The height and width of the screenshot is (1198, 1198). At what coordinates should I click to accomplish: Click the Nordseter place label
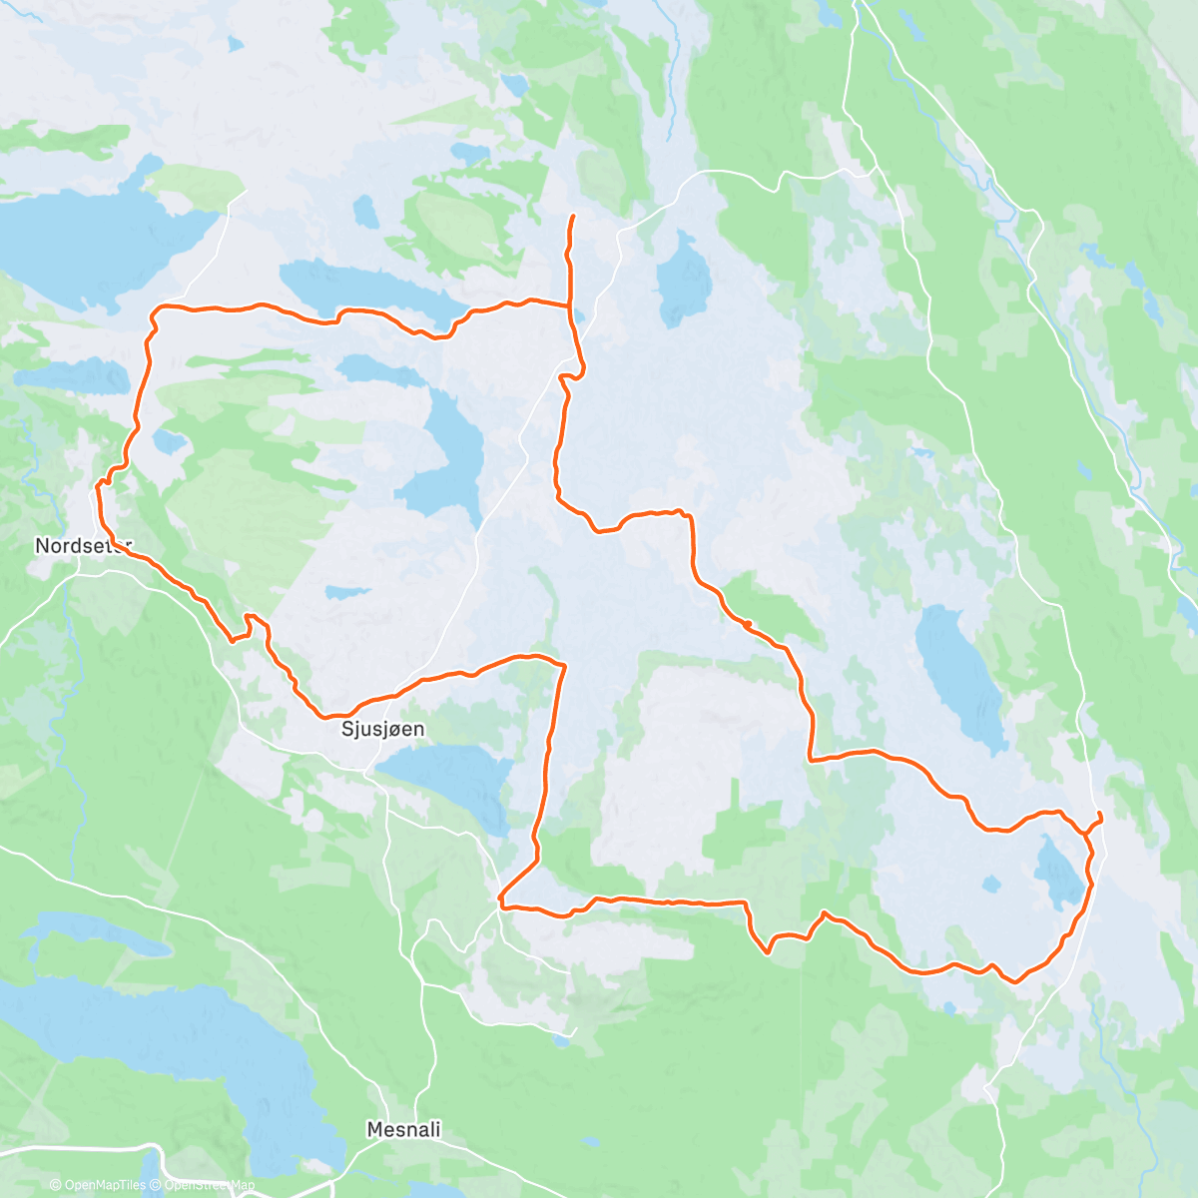click(x=82, y=546)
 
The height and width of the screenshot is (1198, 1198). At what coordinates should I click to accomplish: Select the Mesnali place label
click(x=403, y=1130)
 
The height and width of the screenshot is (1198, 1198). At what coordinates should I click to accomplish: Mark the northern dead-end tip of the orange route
click(x=572, y=216)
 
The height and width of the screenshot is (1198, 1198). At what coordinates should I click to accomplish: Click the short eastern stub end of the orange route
click(x=1101, y=816)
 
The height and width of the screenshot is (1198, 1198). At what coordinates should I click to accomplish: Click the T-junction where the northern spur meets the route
click(x=570, y=303)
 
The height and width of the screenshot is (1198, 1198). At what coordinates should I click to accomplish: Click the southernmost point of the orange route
click(x=1015, y=982)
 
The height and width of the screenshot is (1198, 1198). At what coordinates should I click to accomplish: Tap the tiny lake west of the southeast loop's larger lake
click(x=991, y=884)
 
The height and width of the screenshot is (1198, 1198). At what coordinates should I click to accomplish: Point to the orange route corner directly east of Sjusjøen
click(x=564, y=664)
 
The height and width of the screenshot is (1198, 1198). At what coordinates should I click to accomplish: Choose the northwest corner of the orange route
click(x=156, y=311)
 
